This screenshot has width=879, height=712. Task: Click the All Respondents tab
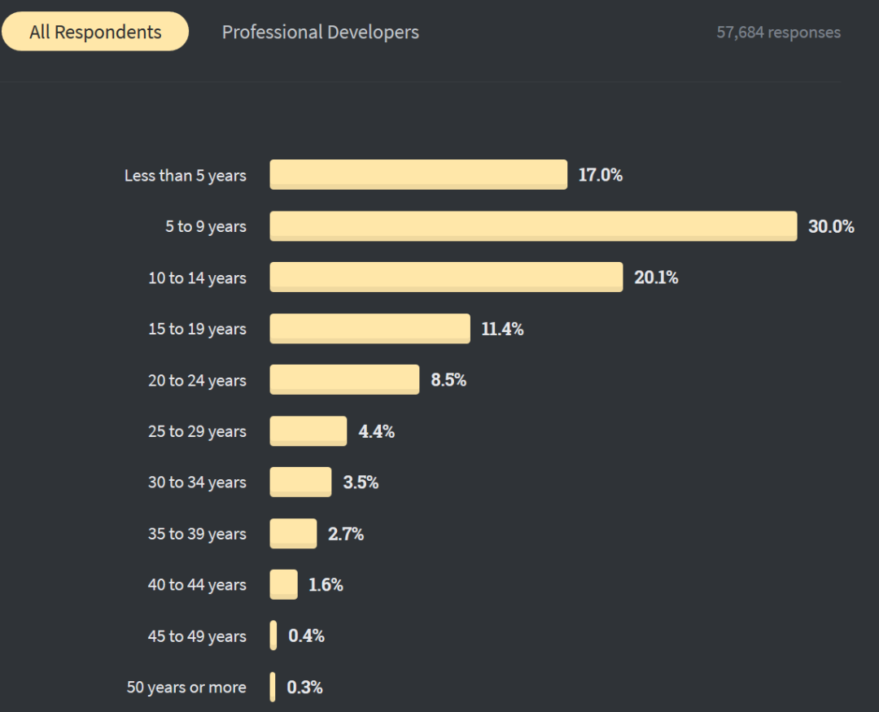click(95, 33)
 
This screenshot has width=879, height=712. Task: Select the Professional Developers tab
click(321, 33)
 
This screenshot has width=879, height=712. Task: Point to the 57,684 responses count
click(778, 33)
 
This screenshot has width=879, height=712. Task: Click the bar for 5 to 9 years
click(533, 226)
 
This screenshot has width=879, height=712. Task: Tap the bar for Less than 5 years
click(418, 175)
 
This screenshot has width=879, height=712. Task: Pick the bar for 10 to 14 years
click(446, 277)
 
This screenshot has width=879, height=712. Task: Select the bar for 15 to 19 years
click(370, 329)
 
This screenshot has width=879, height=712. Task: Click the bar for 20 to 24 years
click(344, 380)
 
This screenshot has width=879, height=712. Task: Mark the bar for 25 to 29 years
click(308, 431)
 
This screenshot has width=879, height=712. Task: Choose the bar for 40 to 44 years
click(284, 585)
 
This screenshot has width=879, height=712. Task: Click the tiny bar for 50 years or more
click(273, 688)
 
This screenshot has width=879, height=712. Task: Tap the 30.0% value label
click(831, 227)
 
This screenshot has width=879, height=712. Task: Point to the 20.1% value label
click(656, 278)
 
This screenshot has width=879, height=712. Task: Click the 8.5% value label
click(448, 380)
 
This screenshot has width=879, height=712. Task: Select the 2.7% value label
click(346, 535)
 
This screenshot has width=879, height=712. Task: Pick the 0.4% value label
click(307, 636)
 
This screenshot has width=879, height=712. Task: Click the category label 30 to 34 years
click(197, 483)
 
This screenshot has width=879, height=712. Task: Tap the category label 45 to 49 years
click(197, 636)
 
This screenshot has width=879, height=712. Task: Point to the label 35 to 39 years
click(197, 534)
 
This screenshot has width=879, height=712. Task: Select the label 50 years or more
click(186, 688)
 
